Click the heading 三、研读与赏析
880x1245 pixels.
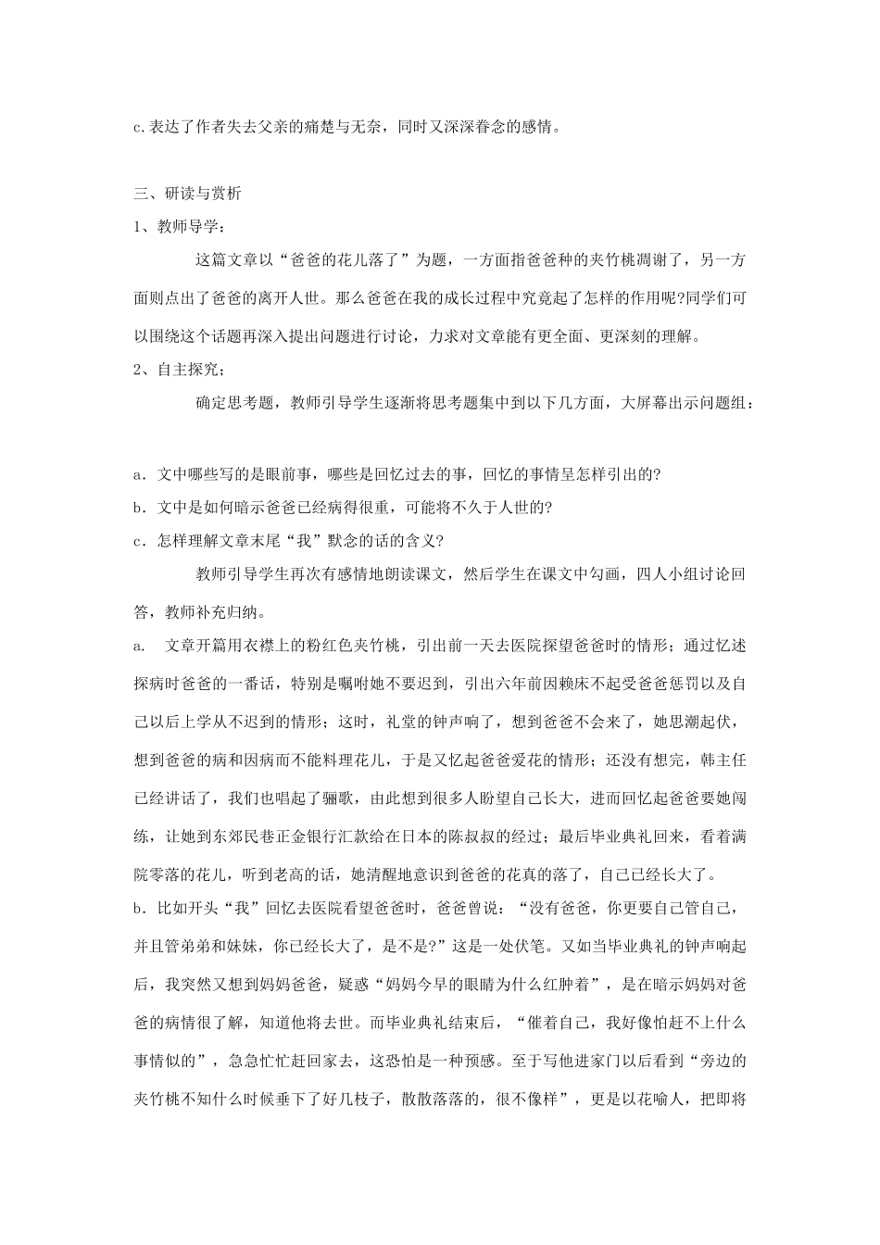coord(188,194)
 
